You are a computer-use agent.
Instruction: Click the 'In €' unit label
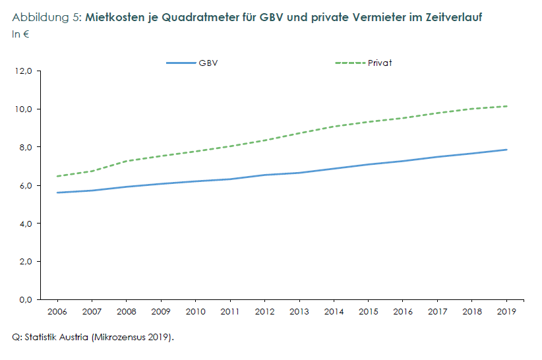click(20, 34)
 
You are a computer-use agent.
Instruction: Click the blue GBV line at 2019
click(506, 150)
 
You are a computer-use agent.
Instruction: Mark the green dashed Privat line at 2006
click(58, 176)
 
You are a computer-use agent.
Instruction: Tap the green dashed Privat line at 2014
click(334, 126)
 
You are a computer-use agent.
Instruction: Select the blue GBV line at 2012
click(265, 175)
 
